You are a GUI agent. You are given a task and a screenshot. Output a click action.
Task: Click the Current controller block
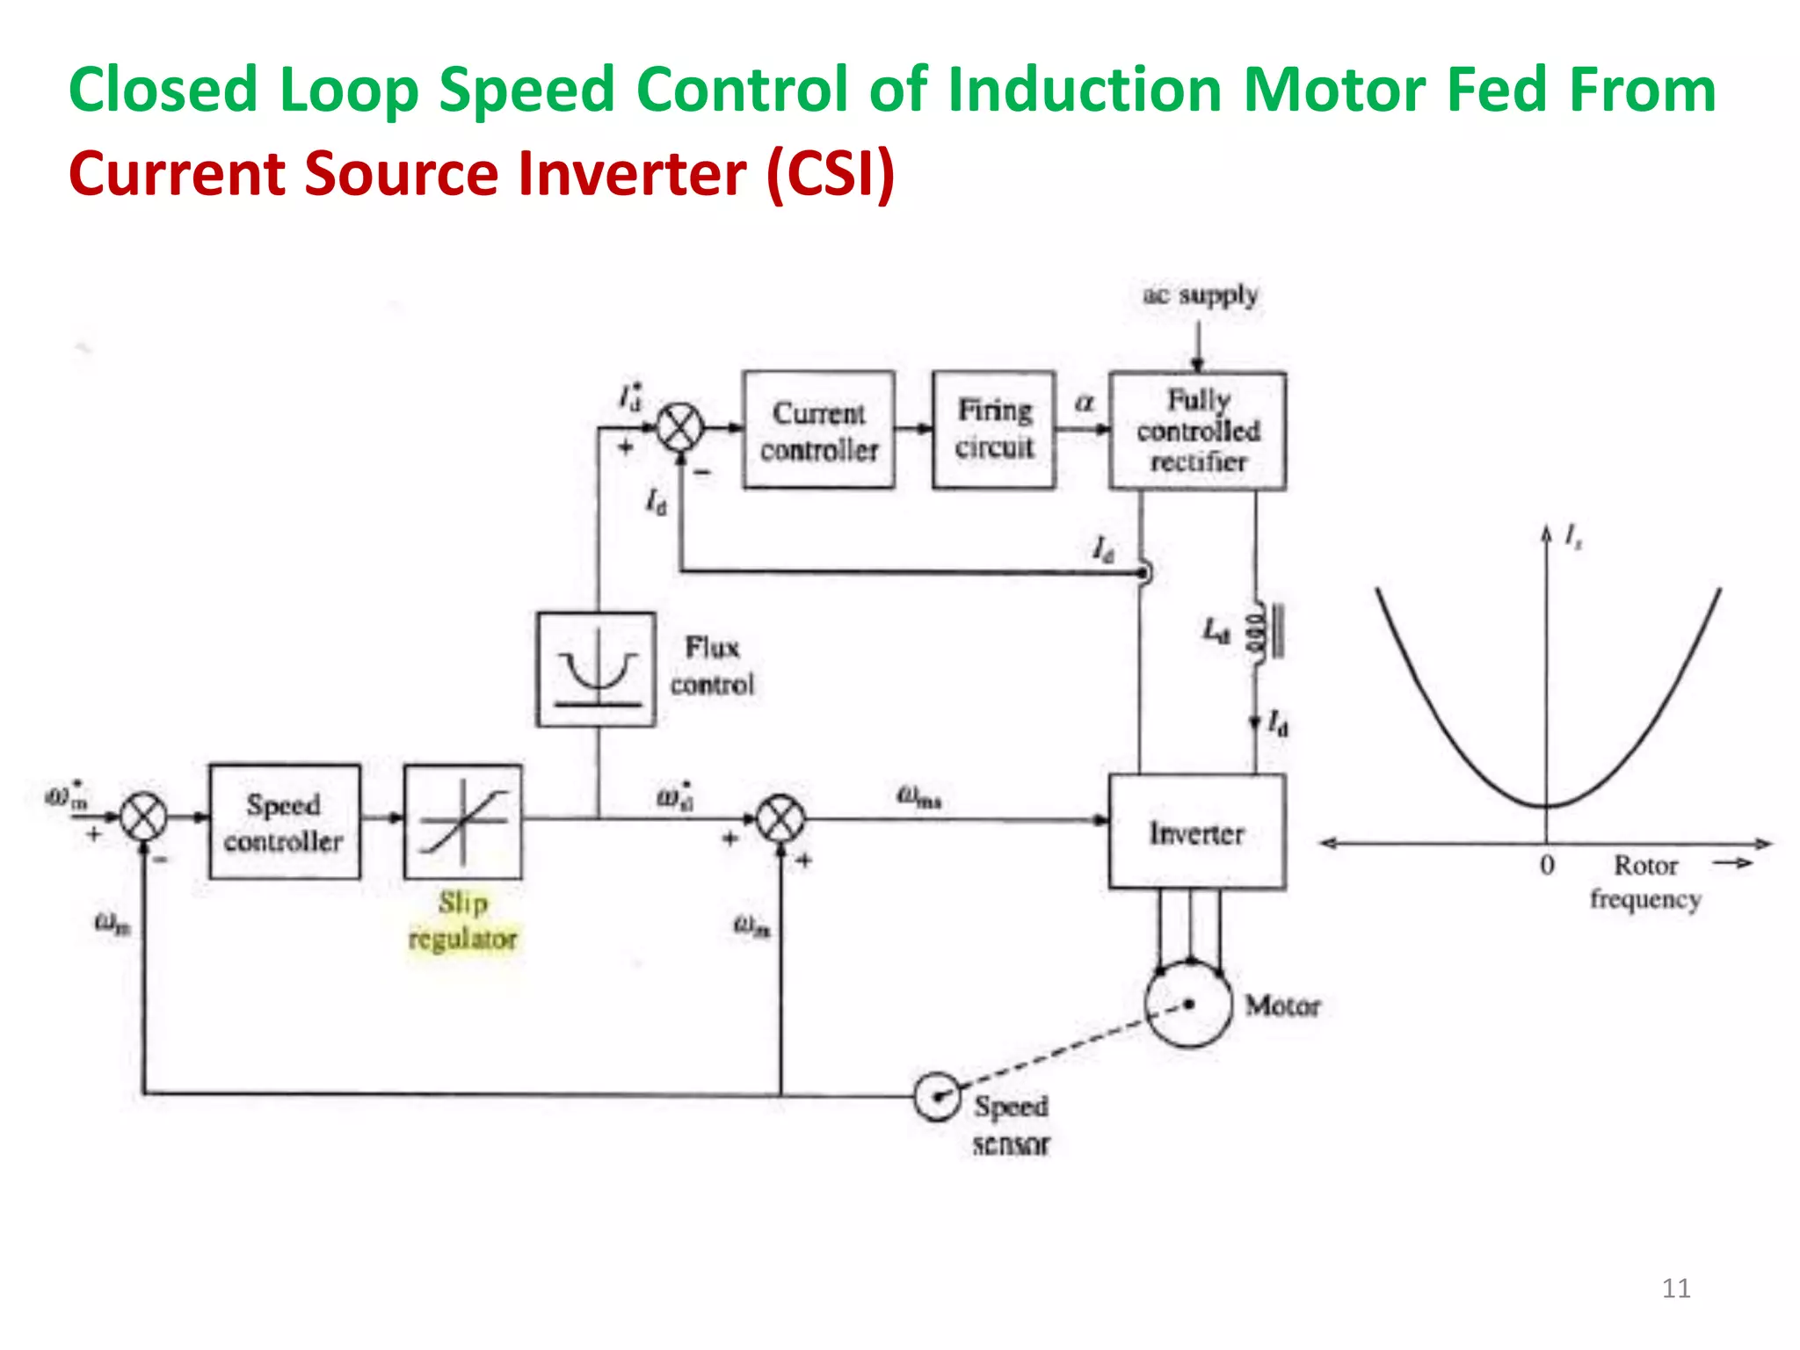coord(818,430)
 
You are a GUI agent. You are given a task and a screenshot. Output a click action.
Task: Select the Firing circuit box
coord(994,430)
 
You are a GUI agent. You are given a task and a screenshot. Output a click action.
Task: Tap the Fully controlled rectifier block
coord(1197,431)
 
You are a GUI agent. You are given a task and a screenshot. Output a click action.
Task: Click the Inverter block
coord(1197,832)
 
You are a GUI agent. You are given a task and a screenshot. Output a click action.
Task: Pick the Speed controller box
coord(284,822)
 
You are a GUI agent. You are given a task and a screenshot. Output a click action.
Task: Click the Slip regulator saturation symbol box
coord(462,822)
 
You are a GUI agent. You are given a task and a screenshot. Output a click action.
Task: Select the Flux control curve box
coord(596,670)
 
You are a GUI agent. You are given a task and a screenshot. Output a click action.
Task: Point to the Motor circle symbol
coord(1188,1004)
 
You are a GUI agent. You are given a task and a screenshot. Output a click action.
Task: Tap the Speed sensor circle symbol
coord(937,1096)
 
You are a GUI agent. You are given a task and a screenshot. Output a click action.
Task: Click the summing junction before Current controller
coord(681,428)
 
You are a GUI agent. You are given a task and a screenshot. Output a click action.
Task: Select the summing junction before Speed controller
coord(143,817)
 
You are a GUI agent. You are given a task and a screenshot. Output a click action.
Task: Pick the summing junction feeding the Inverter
coord(780,819)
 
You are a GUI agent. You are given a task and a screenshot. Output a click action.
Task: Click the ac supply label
coord(1200,294)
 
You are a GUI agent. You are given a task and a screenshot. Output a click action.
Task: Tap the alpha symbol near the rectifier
coord(1085,403)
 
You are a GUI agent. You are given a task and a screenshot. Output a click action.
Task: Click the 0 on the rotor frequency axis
coord(1547,866)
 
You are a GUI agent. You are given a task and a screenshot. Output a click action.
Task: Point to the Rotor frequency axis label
coord(1645,882)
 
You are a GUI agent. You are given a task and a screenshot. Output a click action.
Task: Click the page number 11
coord(1676,1288)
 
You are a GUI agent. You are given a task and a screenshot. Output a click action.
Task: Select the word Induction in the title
coord(1085,90)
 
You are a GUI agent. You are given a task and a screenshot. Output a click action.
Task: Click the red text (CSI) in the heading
coord(831,173)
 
